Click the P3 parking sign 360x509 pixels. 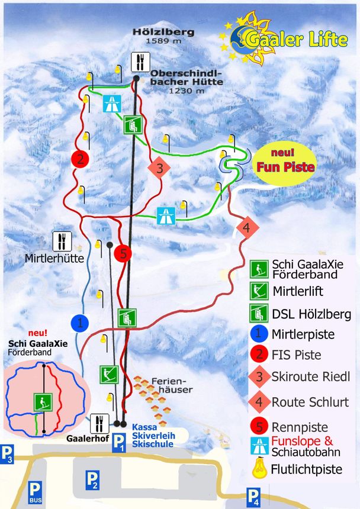tap(8, 455)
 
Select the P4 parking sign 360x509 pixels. tap(253, 496)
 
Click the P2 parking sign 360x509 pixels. tap(92, 479)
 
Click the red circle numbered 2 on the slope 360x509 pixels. tap(79, 159)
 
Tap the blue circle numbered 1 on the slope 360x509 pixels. tap(79, 323)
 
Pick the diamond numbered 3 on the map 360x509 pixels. tap(159, 168)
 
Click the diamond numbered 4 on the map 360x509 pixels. tap(247, 227)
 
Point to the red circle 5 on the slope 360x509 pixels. tap(123, 253)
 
